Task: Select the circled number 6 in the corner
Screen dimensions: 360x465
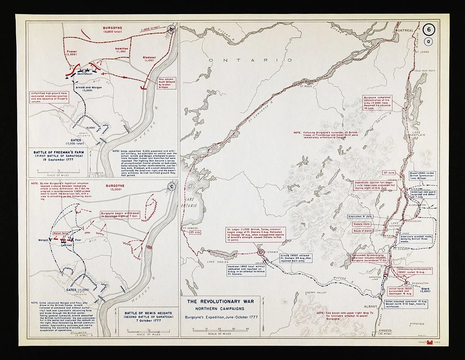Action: [x=429, y=30]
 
